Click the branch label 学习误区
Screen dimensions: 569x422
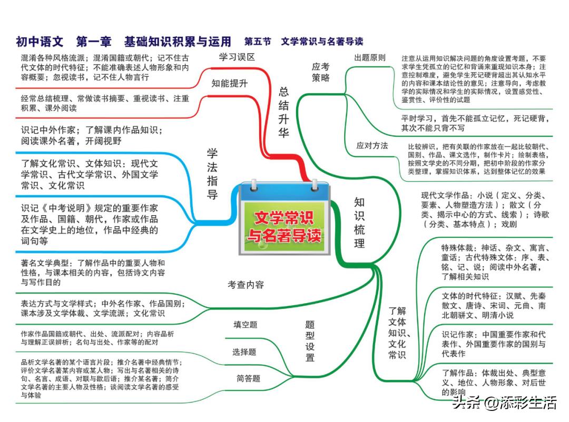click(x=237, y=57)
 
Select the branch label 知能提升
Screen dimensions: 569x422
click(x=229, y=83)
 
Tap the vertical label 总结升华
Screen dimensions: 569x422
click(x=284, y=112)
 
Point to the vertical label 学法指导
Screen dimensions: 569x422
click(x=212, y=174)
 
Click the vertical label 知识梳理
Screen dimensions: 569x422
click(x=359, y=223)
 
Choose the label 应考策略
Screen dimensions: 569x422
click(x=320, y=72)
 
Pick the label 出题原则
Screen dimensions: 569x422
click(x=369, y=58)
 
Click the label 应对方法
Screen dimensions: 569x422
click(x=372, y=146)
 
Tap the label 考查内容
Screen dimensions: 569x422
click(x=246, y=285)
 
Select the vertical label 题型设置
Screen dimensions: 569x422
click(x=310, y=341)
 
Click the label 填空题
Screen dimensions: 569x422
click(x=246, y=325)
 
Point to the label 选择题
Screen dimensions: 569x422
click(x=244, y=352)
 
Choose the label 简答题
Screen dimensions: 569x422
click(x=248, y=379)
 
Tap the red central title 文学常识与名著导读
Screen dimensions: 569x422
click(x=284, y=227)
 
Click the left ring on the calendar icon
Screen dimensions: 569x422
click(x=253, y=185)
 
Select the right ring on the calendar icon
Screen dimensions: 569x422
click(x=314, y=185)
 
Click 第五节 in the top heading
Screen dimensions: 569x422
click(x=258, y=42)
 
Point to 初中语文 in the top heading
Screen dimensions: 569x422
click(x=40, y=42)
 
